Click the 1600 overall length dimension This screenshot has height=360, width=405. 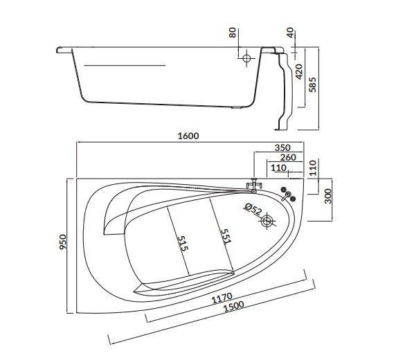pyautogui.click(x=188, y=136)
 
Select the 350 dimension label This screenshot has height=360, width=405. pyautogui.click(x=282, y=147)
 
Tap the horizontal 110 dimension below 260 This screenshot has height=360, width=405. pyautogui.click(x=278, y=168)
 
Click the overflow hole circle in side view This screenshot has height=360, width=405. pyautogui.click(x=245, y=59)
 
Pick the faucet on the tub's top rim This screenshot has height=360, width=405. pyautogui.click(x=254, y=186)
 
